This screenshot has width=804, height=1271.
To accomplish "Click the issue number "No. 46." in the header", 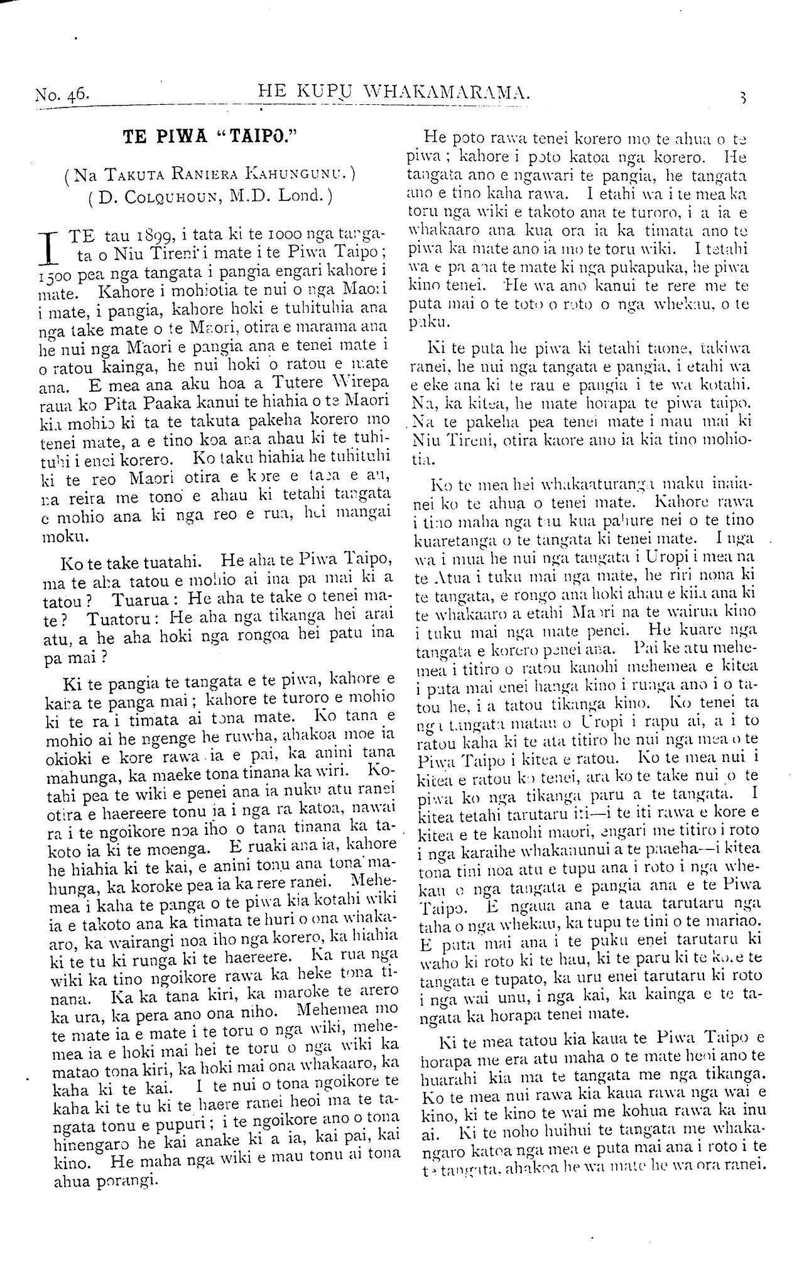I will coord(62,95).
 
